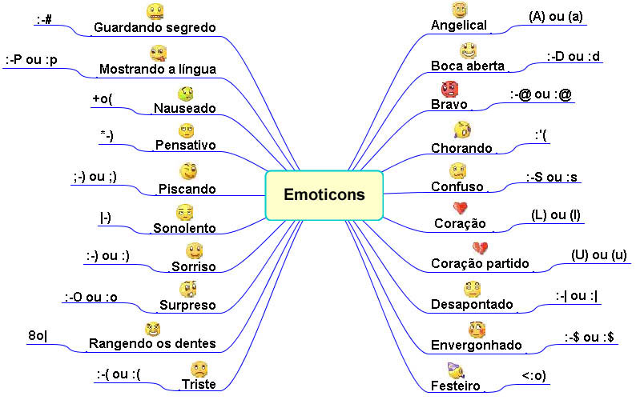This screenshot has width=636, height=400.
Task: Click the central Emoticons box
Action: (324, 194)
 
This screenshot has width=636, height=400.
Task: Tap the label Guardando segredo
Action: (155, 27)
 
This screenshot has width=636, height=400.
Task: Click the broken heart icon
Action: (480, 249)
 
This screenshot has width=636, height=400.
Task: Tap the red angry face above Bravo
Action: (448, 89)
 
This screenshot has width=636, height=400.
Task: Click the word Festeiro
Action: (455, 386)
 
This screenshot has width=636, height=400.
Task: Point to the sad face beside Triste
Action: (199, 369)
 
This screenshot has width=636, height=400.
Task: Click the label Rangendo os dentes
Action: (151, 344)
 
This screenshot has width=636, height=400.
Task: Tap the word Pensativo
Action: (186, 146)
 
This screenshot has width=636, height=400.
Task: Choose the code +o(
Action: (103, 99)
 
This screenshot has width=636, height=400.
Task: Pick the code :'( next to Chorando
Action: (541, 135)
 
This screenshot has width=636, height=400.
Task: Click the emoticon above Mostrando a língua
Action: (158, 54)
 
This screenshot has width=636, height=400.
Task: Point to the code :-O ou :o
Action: (91, 298)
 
